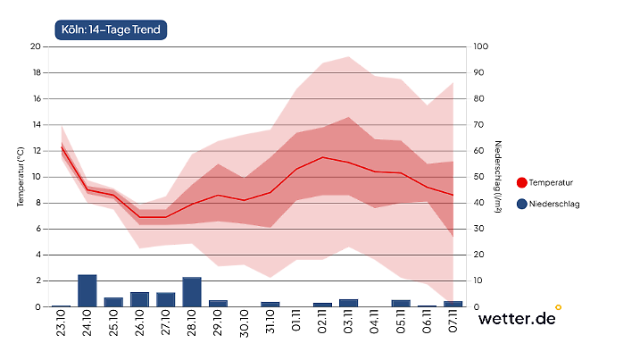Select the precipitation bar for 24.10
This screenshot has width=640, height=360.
tap(87, 290)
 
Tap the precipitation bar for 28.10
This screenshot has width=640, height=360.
tap(192, 292)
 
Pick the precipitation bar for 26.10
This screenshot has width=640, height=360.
tap(139, 299)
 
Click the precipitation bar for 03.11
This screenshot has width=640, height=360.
tap(348, 303)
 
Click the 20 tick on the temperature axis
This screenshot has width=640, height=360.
tap(36, 46)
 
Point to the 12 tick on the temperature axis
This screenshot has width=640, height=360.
tap(36, 150)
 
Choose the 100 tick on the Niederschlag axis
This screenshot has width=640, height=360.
tap(480, 46)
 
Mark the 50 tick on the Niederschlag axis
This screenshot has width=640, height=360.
tap(479, 176)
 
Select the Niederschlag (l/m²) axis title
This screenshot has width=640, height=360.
tap(498, 176)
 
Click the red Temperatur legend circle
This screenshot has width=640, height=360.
tap(521, 182)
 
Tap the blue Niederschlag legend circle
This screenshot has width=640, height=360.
tap(521, 204)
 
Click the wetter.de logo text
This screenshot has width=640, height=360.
tap(516, 318)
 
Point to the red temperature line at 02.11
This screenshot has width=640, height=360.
tap(322, 157)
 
